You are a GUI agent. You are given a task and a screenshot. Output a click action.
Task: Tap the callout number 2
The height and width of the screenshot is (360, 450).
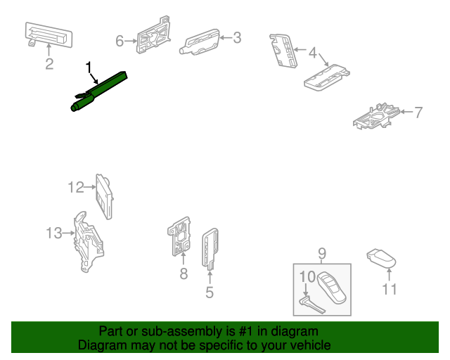tap(49, 65)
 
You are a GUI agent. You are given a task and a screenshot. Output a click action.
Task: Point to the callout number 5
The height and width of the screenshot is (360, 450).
tap(209, 292)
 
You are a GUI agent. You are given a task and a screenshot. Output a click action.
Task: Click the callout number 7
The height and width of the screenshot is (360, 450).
tap(418, 112)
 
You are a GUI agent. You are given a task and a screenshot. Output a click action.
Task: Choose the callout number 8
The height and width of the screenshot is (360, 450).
tap(184, 274)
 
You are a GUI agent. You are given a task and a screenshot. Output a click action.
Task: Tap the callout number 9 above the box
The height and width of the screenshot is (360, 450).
tap(322, 253)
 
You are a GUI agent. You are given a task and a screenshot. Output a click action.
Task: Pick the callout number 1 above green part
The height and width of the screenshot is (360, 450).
tap(89, 67)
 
